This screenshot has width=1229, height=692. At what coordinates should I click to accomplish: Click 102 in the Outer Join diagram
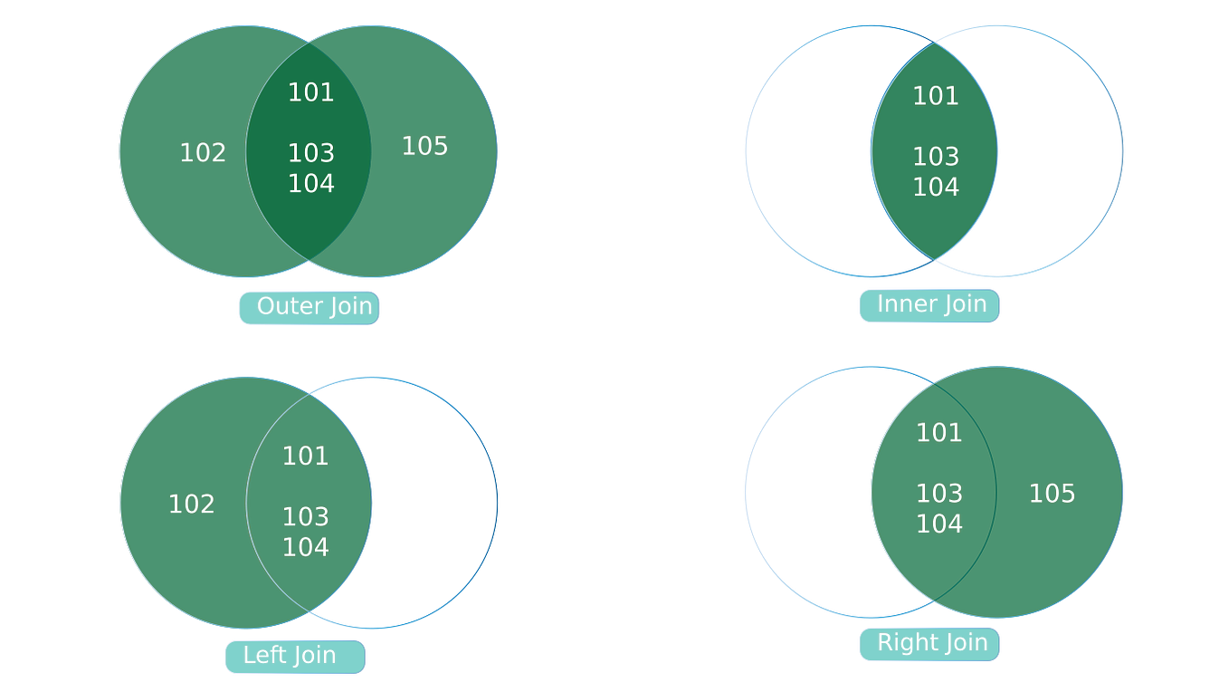[203, 153]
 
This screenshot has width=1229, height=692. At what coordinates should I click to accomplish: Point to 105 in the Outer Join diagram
[425, 146]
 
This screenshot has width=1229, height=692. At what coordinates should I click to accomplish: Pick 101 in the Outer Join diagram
[311, 92]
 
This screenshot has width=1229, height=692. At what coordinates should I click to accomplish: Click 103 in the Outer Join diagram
[311, 153]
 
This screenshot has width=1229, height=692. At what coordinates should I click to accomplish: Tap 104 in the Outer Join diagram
[311, 184]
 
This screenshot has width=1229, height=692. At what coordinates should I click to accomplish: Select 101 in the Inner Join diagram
[936, 96]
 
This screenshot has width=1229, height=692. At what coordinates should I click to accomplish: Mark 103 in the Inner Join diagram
[936, 157]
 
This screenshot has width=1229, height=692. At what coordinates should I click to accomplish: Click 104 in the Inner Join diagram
[936, 187]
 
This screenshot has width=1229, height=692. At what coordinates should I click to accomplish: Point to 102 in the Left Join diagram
[192, 505]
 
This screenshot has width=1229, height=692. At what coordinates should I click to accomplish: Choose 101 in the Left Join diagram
[306, 456]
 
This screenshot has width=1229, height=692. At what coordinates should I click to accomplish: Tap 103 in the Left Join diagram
[306, 517]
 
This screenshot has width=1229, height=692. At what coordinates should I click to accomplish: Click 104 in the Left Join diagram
[306, 547]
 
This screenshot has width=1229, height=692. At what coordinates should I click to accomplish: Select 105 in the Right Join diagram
[1053, 494]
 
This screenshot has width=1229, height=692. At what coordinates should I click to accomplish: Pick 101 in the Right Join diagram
[939, 433]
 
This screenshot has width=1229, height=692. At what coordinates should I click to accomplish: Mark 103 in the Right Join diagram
[939, 494]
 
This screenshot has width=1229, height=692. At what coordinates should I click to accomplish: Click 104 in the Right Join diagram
[939, 524]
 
